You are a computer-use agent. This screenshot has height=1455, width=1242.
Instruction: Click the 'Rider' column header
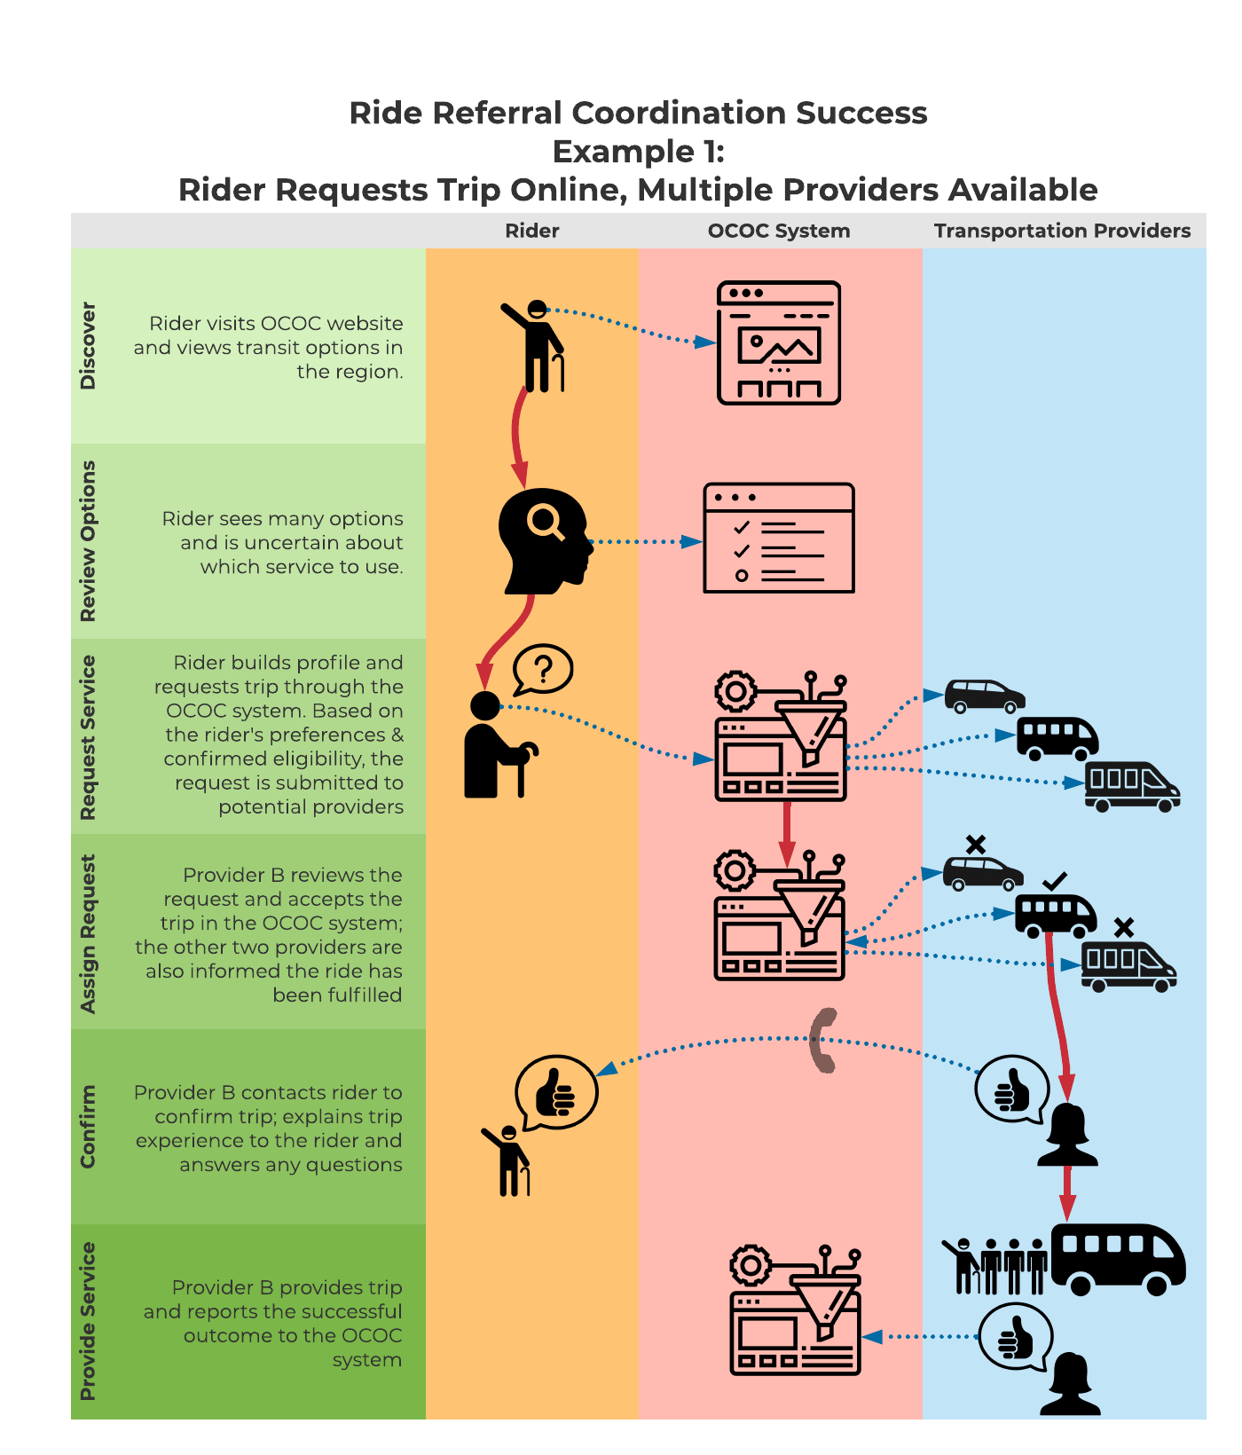(532, 231)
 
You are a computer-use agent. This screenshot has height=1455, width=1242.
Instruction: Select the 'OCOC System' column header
(779, 231)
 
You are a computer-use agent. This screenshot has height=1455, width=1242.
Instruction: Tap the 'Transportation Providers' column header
(1062, 231)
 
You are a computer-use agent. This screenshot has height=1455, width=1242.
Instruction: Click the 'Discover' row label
(87, 346)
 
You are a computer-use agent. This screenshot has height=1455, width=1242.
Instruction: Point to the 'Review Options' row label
(87, 541)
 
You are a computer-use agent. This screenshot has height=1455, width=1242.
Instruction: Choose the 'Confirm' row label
(87, 1127)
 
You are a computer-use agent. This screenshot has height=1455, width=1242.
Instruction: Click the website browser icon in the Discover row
(779, 343)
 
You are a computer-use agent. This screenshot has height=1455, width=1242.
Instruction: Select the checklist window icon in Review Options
(779, 538)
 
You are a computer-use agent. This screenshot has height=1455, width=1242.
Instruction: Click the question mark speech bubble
(543, 669)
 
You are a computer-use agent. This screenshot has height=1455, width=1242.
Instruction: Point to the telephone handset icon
(823, 1040)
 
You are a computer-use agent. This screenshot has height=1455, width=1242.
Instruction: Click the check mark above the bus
(1055, 882)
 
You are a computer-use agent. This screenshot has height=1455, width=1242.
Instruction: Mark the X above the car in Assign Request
(976, 845)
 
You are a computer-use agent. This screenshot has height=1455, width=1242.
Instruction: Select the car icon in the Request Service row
(985, 696)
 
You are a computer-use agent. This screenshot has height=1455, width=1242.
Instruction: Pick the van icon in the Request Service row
(1133, 787)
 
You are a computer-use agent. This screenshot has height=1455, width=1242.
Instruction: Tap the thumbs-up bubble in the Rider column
(556, 1092)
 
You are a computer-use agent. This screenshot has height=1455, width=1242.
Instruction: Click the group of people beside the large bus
(994, 1266)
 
